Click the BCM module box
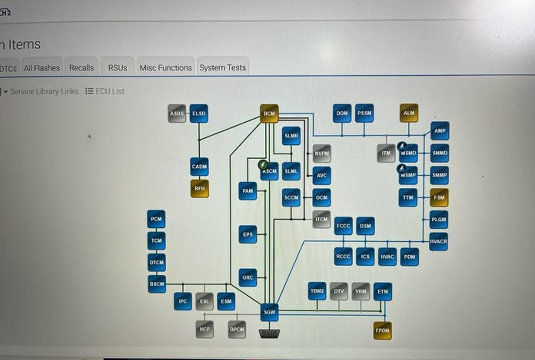click(269, 114)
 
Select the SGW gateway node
click(269, 312)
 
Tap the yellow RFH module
click(199, 188)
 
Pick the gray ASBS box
click(177, 114)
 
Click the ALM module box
click(408, 113)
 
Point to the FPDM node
click(383, 331)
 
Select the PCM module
click(156, 219)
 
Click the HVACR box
click(439, 241)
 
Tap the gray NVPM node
click(321, 153)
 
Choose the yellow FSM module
click(439, 197)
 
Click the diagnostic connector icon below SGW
click(269, 333)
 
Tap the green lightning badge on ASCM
click(263, 165)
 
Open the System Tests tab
click(222, 68)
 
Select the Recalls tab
click(82, 68)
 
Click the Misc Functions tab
click(165, 68)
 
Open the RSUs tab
click(118, 68)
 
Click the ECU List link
click(105, 91)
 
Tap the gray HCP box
click(204, 329)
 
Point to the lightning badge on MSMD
click(402, 146)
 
